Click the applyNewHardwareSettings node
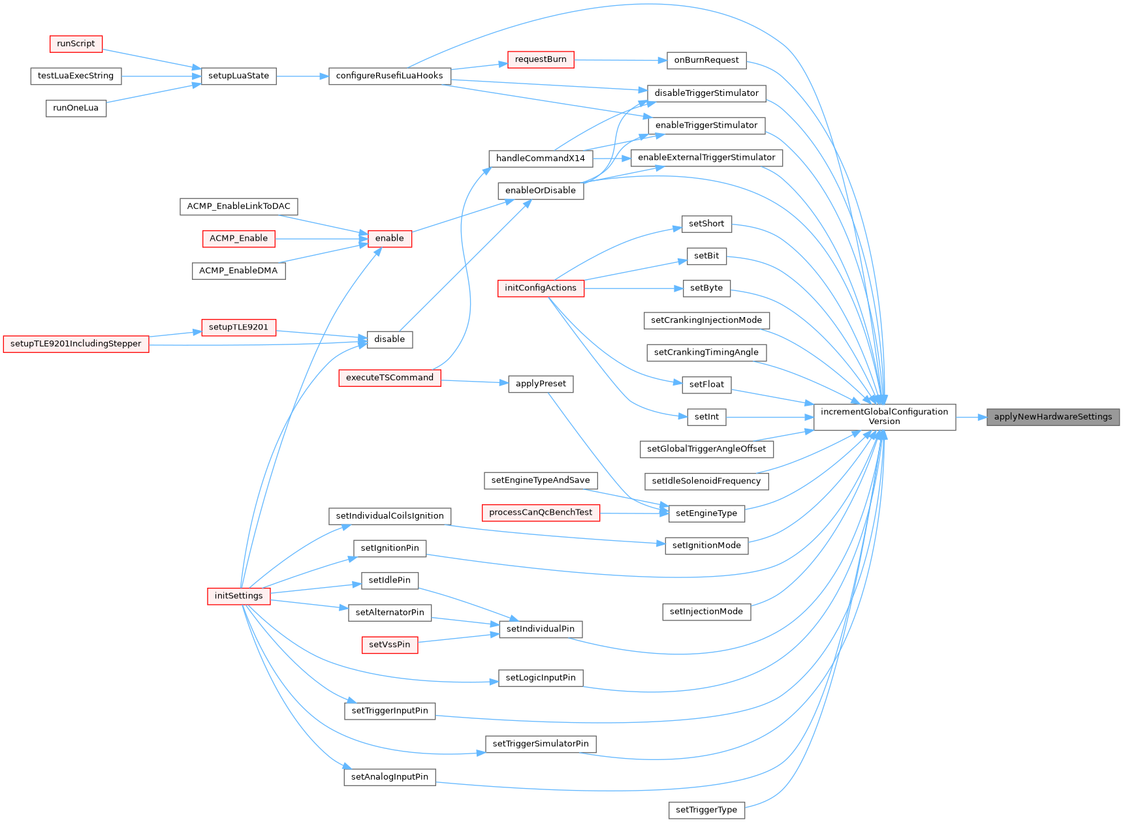[x=1052, y=417]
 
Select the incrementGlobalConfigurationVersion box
[x=884, y=417]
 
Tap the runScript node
[x=76, y=44]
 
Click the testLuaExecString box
[x=76, y=76]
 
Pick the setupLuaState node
[x=238, y=76]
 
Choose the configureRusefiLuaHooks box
[x=389, y=76]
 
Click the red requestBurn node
[x=541, y=59]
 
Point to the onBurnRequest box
[x=706, y=60]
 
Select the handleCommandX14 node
[x=541, y=159]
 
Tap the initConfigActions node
[x=541, y=288]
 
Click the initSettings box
[x=238, y=596]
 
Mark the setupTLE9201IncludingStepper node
[x=76, y=344]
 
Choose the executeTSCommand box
[x=389, y=378]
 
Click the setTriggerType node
[x=706, y=810]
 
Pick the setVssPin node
[x=390, y=645]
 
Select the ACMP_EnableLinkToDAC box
[x=238, y=206]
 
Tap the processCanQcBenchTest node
[x=541, y=512]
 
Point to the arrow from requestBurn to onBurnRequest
[x=620, y=60]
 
